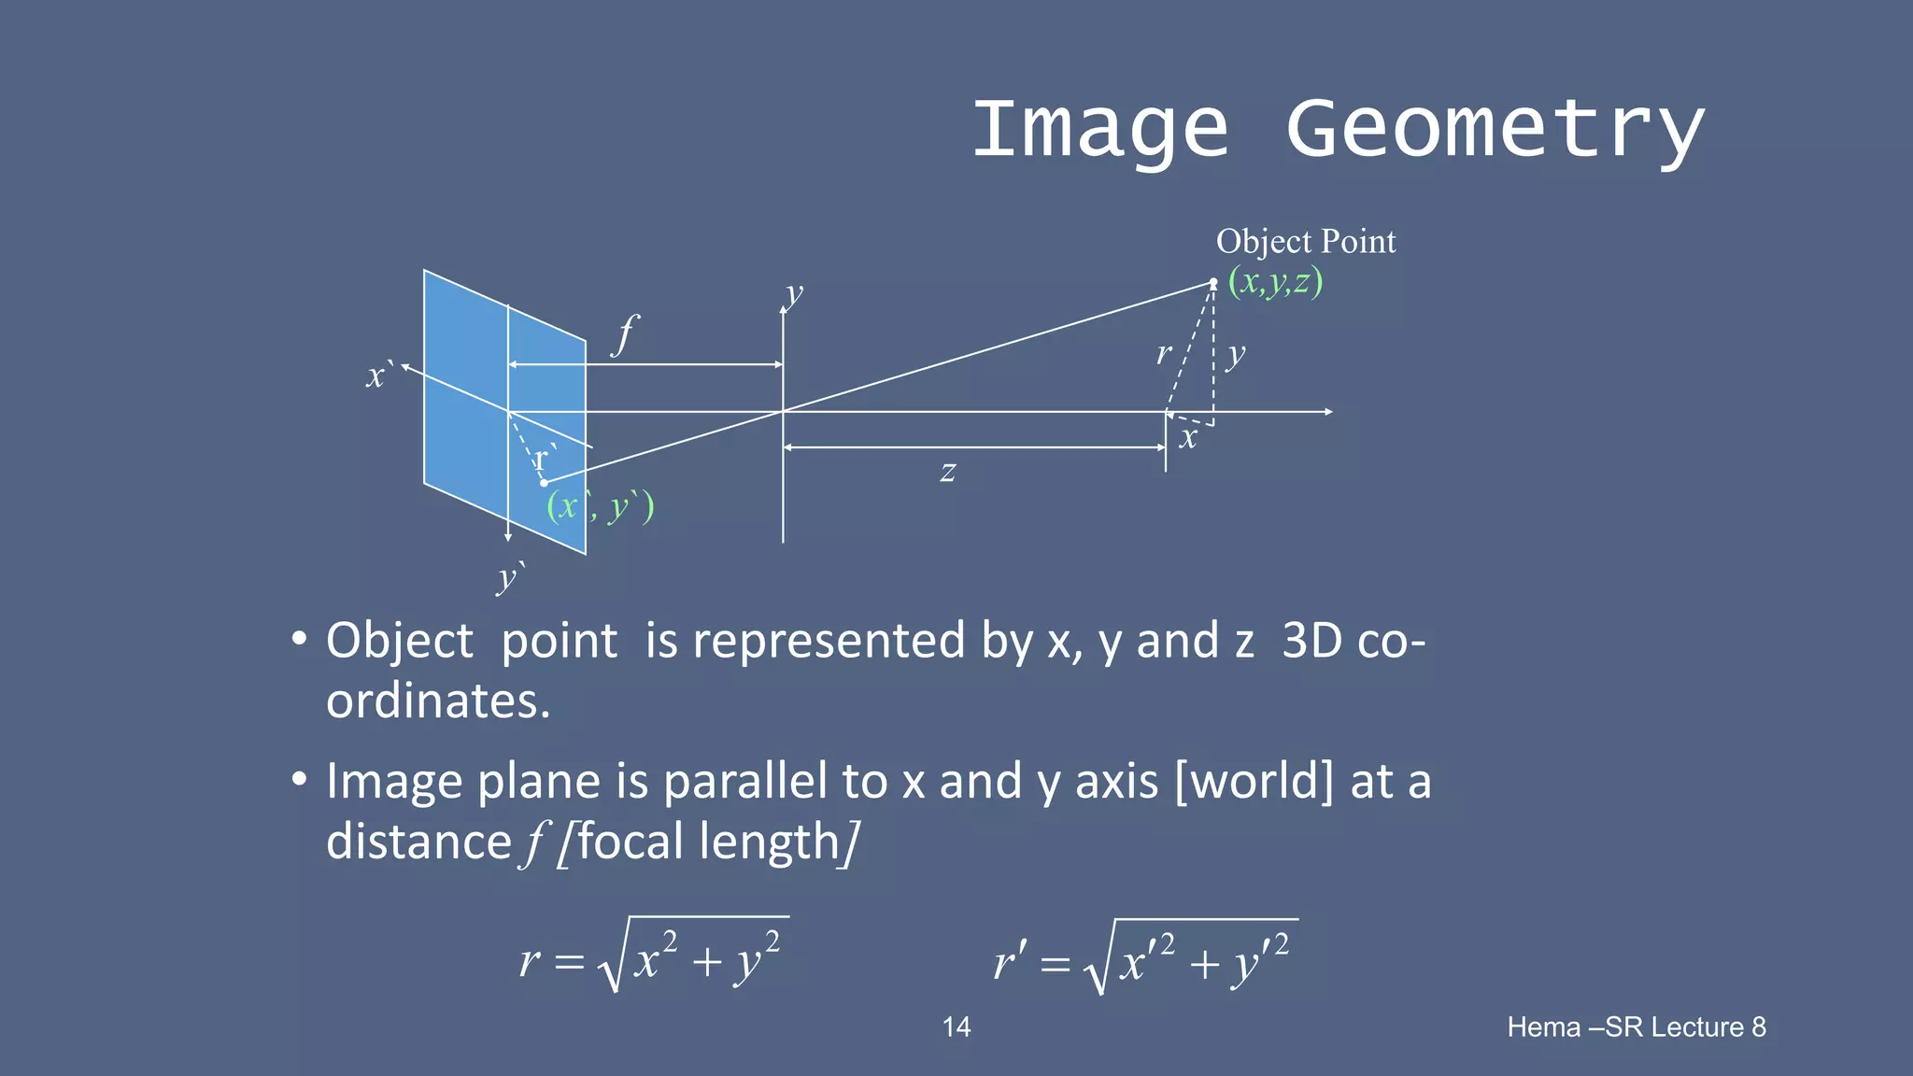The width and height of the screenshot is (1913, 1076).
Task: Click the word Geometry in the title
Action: pos(1495,131)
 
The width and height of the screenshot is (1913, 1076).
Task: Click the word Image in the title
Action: pos(1099,131)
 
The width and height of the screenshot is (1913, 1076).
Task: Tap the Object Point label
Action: pos(1305,242)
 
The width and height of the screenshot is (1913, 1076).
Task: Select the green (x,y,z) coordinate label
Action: pos(1275,281)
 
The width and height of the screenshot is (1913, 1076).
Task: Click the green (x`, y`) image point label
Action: pos(600,507)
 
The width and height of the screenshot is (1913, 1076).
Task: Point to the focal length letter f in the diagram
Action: pos(625,334)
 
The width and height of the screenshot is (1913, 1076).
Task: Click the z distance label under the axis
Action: pos(947,472)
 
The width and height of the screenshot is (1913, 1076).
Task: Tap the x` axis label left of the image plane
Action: pos(377,375)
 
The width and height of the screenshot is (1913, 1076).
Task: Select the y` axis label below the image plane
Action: pos(509,577)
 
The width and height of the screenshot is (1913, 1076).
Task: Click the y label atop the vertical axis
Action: pos(794,294)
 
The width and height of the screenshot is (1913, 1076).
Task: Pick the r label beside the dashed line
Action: pos(1163,353)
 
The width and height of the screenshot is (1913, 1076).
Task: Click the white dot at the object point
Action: pos(1213,282)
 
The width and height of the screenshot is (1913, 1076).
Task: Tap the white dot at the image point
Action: pos(544,483)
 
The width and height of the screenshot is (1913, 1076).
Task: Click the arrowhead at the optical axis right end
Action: pos(1327,411)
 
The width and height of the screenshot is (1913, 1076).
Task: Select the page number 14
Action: pos(956,1027)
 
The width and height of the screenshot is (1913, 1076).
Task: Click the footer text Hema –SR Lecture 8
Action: pos(1636,1027)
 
